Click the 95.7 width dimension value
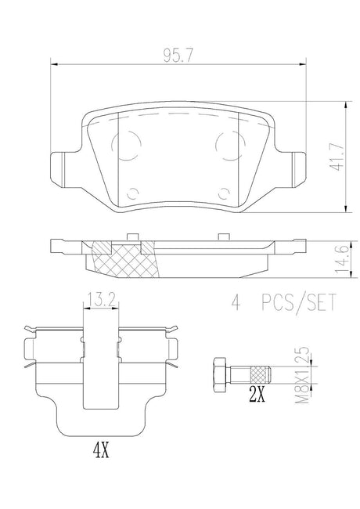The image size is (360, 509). [x=178, y=56]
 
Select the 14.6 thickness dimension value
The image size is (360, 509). [x=342, y=259]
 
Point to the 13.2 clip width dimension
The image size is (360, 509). [x=101, y=301]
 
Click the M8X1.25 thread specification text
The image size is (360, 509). [x=302, y=374]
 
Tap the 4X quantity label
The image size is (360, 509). [x=101, y=450]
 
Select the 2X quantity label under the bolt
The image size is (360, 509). [x=257, y=395]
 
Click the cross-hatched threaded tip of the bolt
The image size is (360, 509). [x=261, y=374]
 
